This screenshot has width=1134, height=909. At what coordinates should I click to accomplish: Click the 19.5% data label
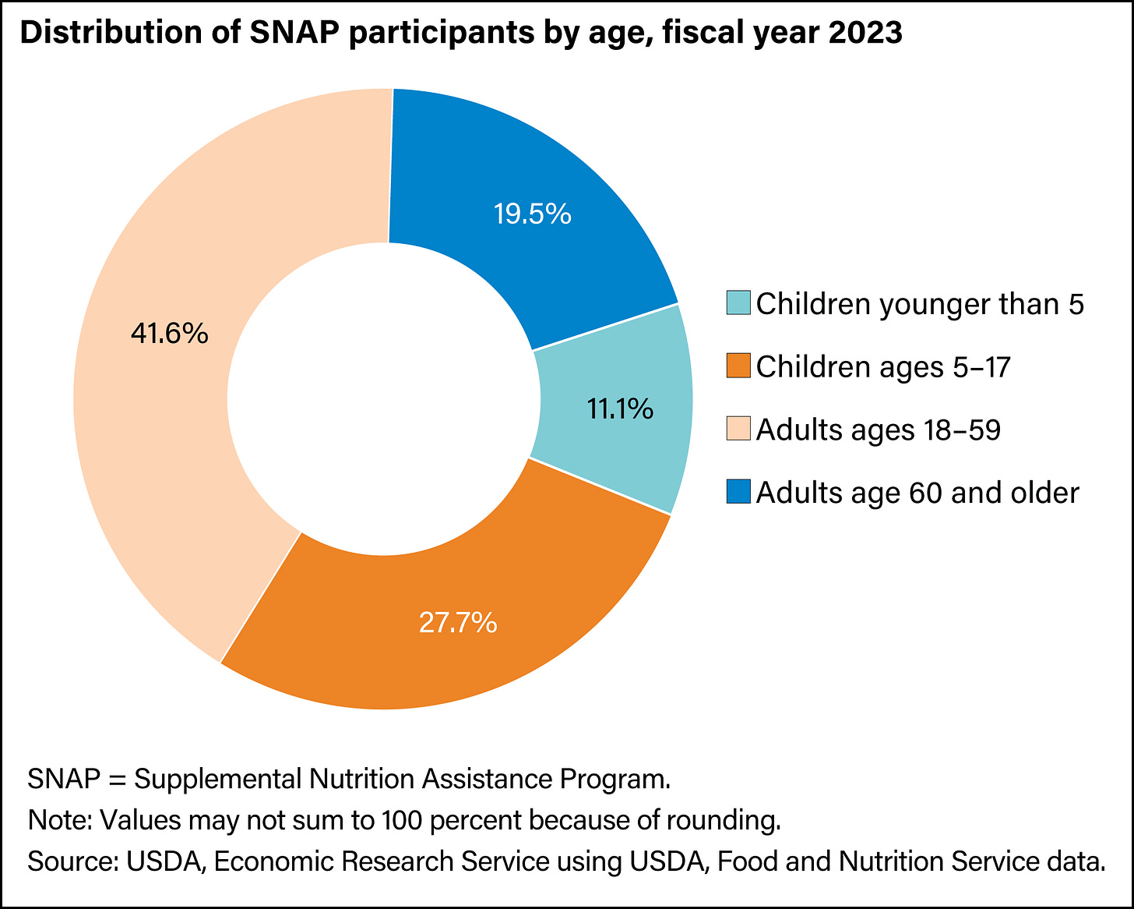(533, 214)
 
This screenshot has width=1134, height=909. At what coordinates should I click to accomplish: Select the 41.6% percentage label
(170, 334)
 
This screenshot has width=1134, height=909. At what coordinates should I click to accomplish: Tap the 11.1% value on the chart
(620, 409)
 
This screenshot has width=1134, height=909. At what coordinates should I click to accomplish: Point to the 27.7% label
(458, 622)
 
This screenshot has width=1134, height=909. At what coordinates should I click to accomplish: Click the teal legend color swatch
(738, 303)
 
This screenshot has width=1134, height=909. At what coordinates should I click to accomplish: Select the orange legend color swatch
(738, 366)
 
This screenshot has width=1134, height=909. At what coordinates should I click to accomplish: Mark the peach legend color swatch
(738, 429)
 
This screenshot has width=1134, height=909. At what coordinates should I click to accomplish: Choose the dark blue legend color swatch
(738, 492)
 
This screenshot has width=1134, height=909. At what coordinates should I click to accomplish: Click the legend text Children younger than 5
(920, 304)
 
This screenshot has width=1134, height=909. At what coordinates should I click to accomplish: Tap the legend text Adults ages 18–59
(878, 430)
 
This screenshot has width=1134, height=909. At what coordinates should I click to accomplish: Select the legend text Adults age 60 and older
(917, 493)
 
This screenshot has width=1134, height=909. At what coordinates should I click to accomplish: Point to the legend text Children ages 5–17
(883, 367)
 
